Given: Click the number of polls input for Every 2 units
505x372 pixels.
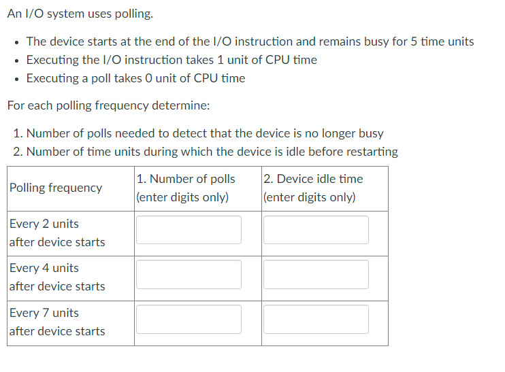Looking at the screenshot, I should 189,230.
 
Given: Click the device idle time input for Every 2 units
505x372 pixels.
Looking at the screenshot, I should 316,230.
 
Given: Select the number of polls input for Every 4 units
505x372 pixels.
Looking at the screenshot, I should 189,274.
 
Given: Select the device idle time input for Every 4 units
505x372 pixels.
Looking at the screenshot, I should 316,274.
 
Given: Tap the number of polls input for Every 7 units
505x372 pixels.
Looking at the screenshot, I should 189,319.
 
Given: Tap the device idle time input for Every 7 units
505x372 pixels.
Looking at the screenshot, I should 316,319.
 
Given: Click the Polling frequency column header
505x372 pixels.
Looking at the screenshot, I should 56,188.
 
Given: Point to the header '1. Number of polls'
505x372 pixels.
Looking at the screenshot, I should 185,179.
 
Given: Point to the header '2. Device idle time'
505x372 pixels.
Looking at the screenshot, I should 313,179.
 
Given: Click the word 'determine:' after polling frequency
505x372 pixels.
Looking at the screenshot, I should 182,105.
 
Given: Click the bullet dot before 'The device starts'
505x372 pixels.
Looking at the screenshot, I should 16,42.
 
